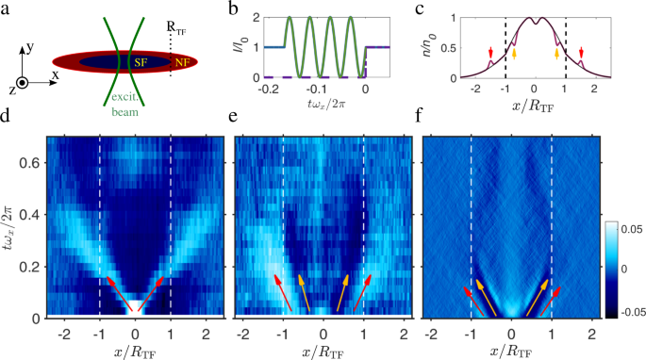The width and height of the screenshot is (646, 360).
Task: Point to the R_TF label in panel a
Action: (x=176, y=14)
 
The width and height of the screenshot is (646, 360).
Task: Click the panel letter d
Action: (x=7, y=120)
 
